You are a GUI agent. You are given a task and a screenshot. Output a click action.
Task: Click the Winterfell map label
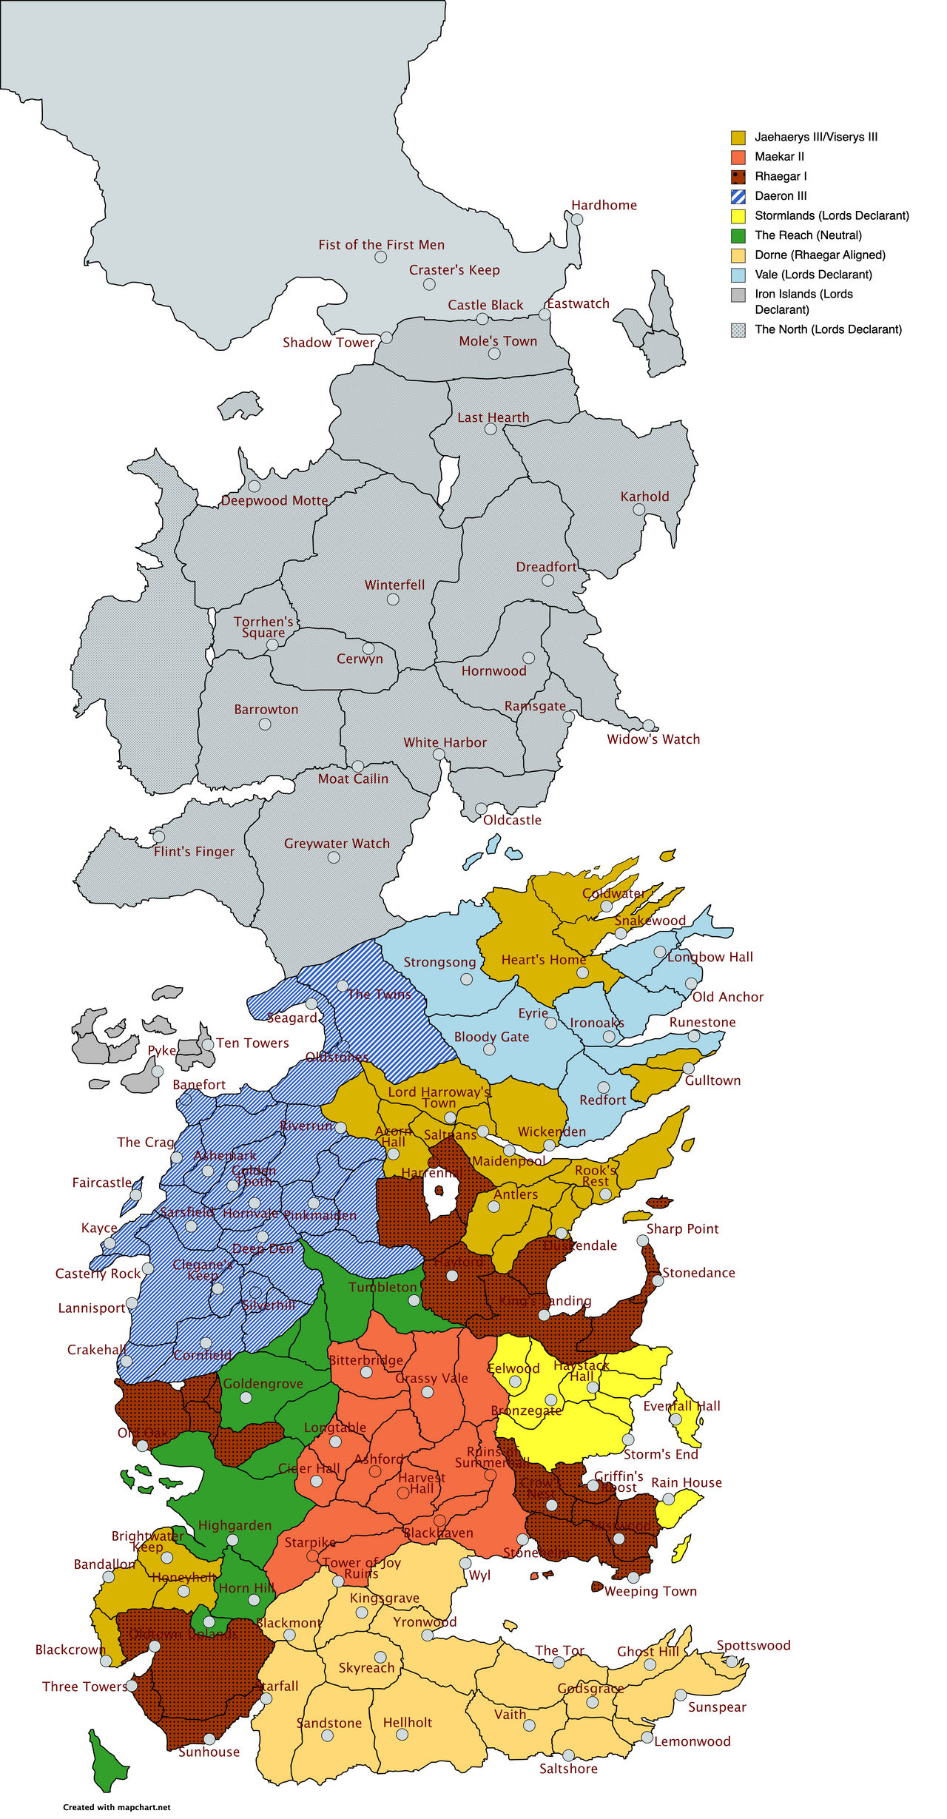click(394, 585)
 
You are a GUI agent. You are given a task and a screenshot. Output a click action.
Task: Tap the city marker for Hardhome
click(577, 220)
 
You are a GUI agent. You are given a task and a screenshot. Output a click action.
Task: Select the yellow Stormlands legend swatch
click(738, 216)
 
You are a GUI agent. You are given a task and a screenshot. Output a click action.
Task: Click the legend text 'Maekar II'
click(779, 157)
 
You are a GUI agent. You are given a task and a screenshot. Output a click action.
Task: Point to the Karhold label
click(644, 497)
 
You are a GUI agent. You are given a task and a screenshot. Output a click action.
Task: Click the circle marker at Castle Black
click(482, 319)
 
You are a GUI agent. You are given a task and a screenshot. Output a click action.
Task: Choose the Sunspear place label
click(717, 1707)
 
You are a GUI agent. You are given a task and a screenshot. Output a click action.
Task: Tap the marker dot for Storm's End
click(628, 1439)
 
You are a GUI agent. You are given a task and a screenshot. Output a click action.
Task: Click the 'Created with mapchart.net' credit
click(116, 1807)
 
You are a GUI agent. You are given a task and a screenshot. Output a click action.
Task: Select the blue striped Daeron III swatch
click(738, 196)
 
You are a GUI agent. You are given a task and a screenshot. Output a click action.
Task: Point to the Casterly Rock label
click(98, 1274)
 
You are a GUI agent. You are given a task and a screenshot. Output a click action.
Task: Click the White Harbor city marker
click(439, 754)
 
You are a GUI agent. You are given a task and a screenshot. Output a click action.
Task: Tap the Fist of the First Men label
click(382, 245)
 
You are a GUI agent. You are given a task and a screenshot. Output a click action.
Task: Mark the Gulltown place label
click(712, 1080)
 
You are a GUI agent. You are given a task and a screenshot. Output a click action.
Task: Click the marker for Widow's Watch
click(649, 725)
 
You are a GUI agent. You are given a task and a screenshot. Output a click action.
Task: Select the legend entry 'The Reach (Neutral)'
click(808, 235)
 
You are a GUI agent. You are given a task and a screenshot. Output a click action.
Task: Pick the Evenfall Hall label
click(681, 1406)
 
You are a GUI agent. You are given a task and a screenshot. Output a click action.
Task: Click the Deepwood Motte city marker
click(254, 486)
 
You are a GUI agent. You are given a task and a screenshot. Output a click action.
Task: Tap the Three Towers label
click(84, 1687)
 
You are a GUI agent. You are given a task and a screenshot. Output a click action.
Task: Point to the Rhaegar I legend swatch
click(738, 177)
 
